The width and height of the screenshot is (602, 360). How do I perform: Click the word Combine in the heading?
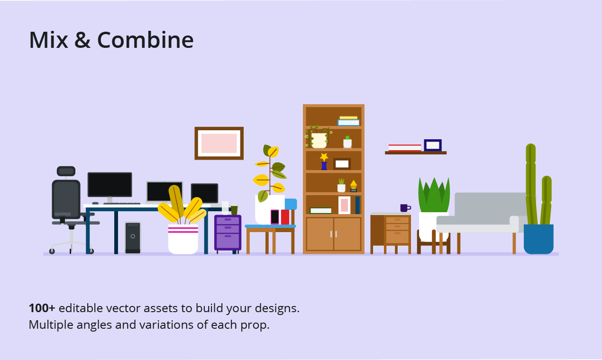click(x=145, y=40)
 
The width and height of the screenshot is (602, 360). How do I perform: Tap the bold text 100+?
click(x=42, y=308)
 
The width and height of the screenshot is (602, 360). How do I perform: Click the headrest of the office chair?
click(x=66, y=171)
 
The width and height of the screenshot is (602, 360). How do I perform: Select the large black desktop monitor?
click(x=109, y=184)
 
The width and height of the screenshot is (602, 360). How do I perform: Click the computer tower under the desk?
click(x=133, y=238)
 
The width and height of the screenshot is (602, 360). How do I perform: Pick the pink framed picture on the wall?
click(x=219, y=143)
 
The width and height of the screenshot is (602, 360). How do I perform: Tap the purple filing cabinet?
click(x=228, y=232)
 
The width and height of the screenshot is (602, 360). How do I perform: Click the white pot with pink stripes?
click(x=183, y=239)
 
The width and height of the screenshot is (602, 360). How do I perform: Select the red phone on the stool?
click(x=285, y=217)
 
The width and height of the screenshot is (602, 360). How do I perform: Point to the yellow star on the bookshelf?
click(x=324, y=157)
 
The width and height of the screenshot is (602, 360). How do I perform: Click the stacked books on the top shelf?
click(x=348, y=121)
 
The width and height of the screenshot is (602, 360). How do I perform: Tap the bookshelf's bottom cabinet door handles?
click(x=334, y=234)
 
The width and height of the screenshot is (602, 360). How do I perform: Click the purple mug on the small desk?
click(x=404, y=208)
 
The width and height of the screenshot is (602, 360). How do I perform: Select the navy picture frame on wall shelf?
click(x=432, y=145)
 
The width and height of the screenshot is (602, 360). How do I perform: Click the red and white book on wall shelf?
click(x=405, y=148)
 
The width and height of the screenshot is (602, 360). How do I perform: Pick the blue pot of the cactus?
click(x=538, y=239)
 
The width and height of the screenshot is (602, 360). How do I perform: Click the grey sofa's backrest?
click(x=488, y=204)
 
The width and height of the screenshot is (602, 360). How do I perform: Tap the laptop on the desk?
click(x=164, y=192)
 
